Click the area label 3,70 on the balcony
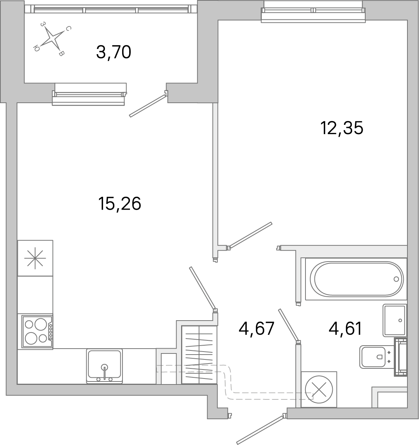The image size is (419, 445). (x=114, y=53)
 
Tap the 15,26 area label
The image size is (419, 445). (x=120, y=204)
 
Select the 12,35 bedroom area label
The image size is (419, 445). (x=341, y=129)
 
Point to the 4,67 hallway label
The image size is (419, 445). (x=257, y=329)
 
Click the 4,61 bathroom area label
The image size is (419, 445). (x=345, y=329)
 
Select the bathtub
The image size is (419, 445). (x=356, y=279)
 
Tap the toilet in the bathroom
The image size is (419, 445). (x=373, y=357)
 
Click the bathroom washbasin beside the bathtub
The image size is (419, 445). (x=394, y=320)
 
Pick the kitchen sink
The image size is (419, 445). (x=105, y=365)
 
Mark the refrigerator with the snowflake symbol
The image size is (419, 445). (x=35, y=258)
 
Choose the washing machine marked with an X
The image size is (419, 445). (x=319, y=389)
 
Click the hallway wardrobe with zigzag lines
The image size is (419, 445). (x=199, y=355)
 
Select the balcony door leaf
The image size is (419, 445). (x=147, y=105)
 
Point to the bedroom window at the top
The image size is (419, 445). (x=313, y=12)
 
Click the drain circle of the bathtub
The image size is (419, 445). (x=396, y=279)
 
